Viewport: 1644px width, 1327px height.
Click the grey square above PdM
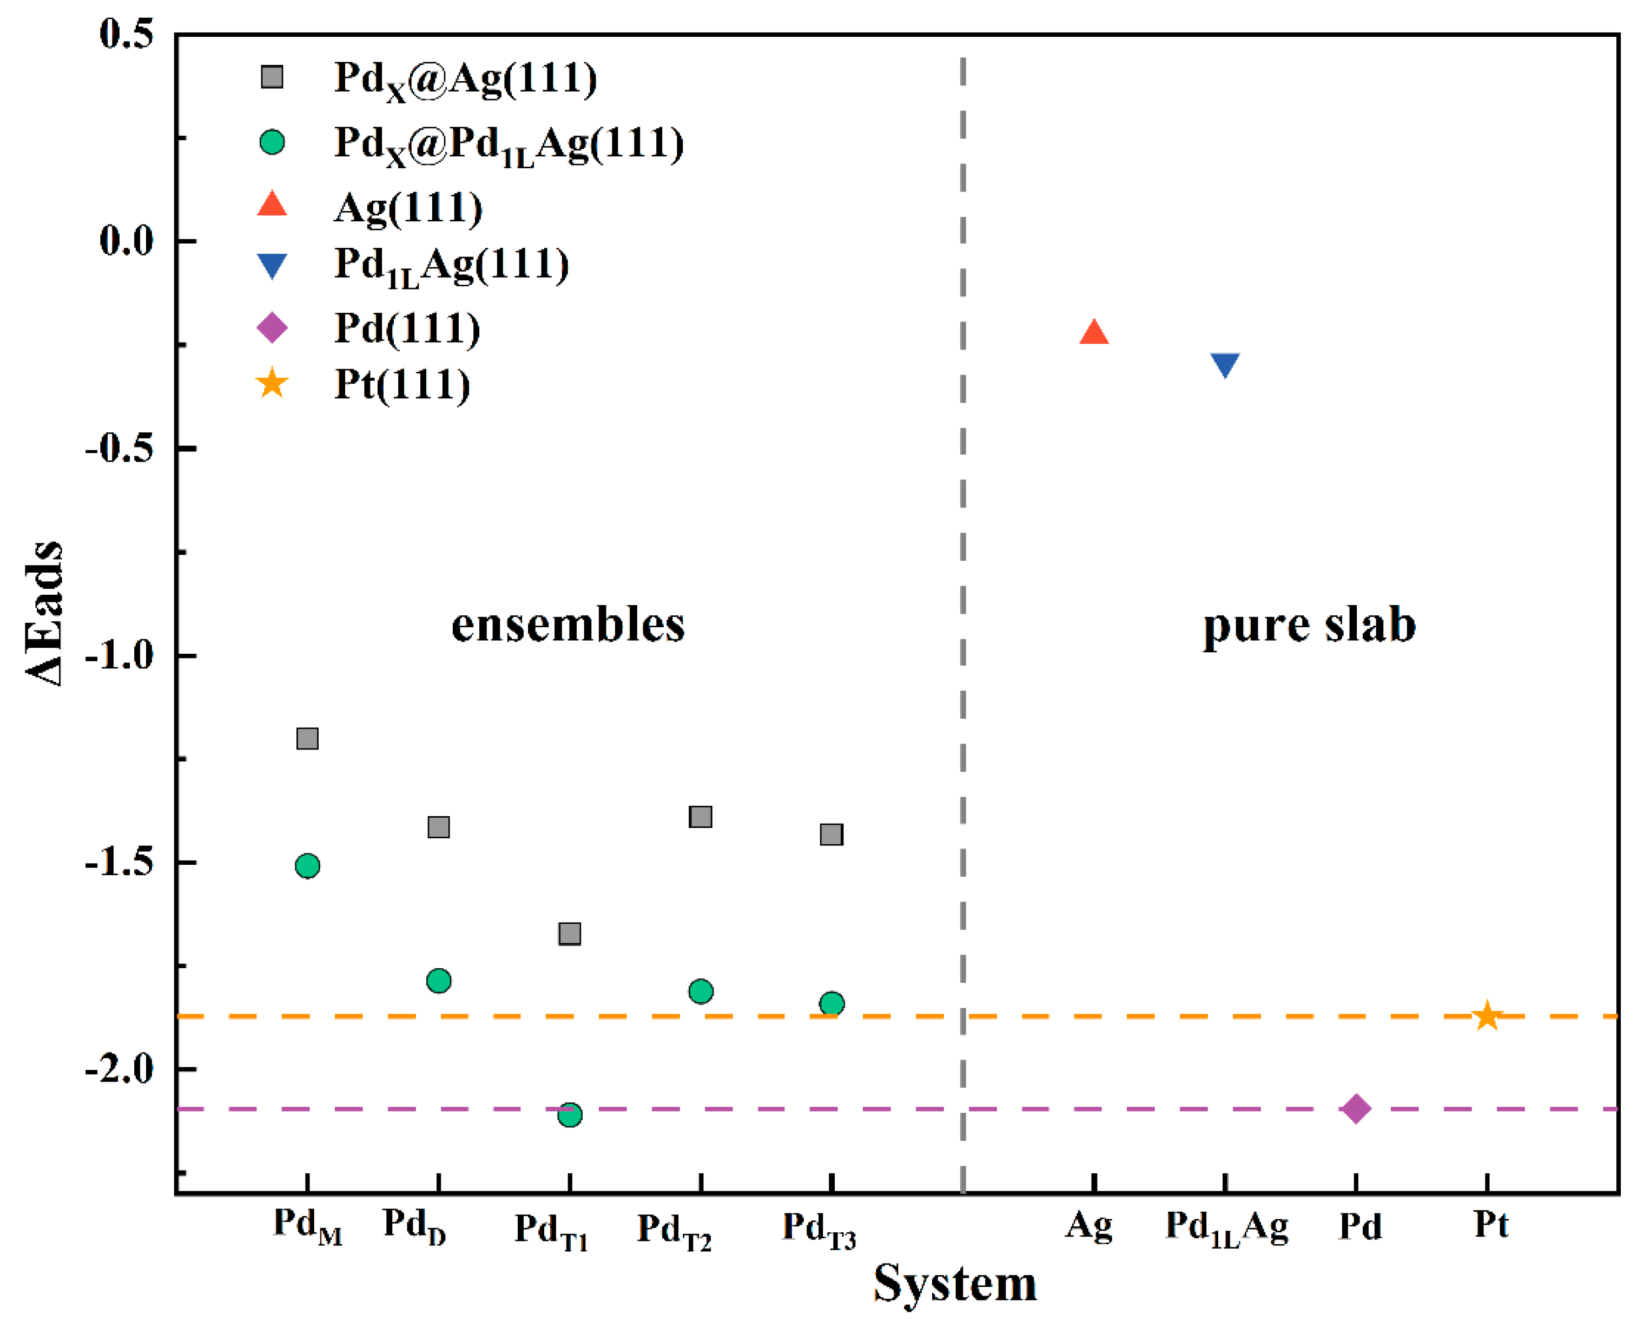point(307,738)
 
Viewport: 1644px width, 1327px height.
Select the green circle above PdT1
point(570,1114)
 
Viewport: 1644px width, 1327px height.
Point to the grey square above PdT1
point(570,934)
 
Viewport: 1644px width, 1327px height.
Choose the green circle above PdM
point(307,866)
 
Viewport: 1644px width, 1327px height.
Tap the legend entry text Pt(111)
point(402,384)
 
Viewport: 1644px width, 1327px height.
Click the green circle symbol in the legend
point(272,142)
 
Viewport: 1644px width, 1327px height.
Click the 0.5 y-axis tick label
point(126,35)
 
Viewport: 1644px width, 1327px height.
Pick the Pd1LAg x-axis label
point(1226,1227)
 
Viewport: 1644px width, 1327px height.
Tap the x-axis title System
point(955,1284)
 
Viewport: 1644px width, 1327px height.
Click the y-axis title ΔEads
point(44,612)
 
